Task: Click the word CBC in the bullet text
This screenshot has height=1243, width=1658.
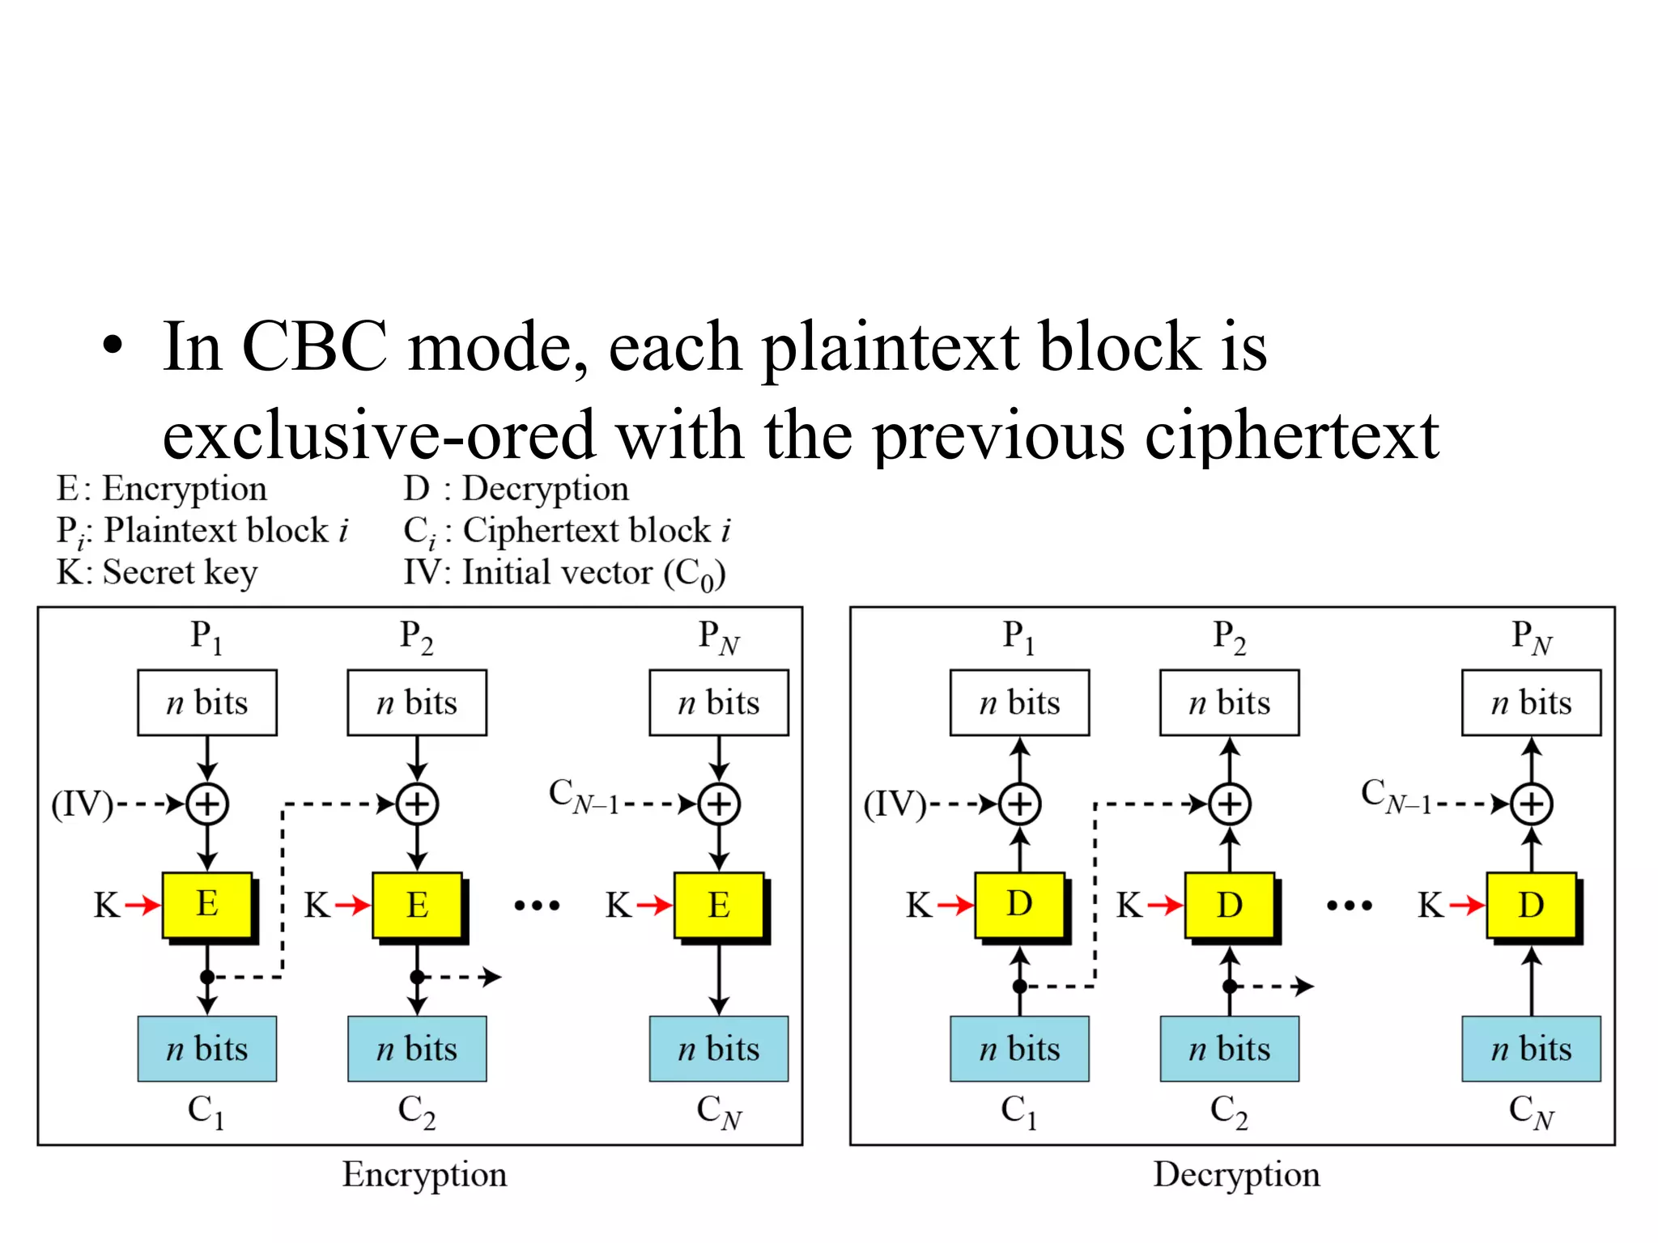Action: pos(314,346)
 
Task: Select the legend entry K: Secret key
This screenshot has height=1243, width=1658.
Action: pos(156,572)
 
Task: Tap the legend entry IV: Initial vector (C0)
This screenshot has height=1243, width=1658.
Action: pos(564,573)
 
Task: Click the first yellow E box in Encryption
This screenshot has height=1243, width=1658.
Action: pos(207,905)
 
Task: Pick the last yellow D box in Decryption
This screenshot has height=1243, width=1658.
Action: pos(1531,905)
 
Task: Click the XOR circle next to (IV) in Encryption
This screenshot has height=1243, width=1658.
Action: pos(207,804)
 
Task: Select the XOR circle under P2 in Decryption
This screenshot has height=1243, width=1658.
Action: pos(1230,804)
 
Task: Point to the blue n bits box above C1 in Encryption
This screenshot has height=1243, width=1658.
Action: pos(207,1049)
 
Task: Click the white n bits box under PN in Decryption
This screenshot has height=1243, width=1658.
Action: pos(1531,702)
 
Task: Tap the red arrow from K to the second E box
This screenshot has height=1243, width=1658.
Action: pos(352,905)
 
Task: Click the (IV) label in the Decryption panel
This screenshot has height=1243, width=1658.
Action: pos(895,804)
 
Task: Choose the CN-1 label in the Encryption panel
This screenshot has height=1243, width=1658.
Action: pos(583,795)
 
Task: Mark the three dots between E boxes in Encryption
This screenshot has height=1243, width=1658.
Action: pos(537,906)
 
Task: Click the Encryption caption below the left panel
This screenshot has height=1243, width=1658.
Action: pos(424,1174)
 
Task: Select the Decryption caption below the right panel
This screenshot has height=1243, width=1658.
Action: pos(1236,1174)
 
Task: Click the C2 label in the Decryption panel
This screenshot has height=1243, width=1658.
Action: pos(1229,1111)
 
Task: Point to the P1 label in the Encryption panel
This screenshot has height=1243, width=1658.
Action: pos(206,637)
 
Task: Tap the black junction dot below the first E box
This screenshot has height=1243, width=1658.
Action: pos(207,977)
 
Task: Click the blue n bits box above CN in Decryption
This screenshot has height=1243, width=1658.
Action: pos(1531,1049)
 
